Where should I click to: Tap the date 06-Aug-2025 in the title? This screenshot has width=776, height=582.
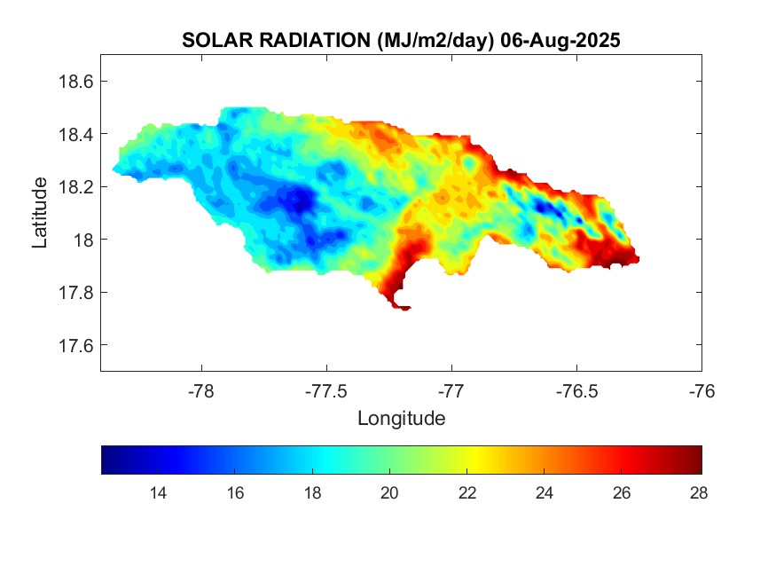559,40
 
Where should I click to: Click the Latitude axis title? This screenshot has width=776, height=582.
40,212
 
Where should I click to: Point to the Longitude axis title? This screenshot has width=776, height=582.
401,418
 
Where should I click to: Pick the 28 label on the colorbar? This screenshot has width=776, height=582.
699,493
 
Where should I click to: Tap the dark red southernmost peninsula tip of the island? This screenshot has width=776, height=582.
400,306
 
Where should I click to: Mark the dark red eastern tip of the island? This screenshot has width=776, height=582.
631,258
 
